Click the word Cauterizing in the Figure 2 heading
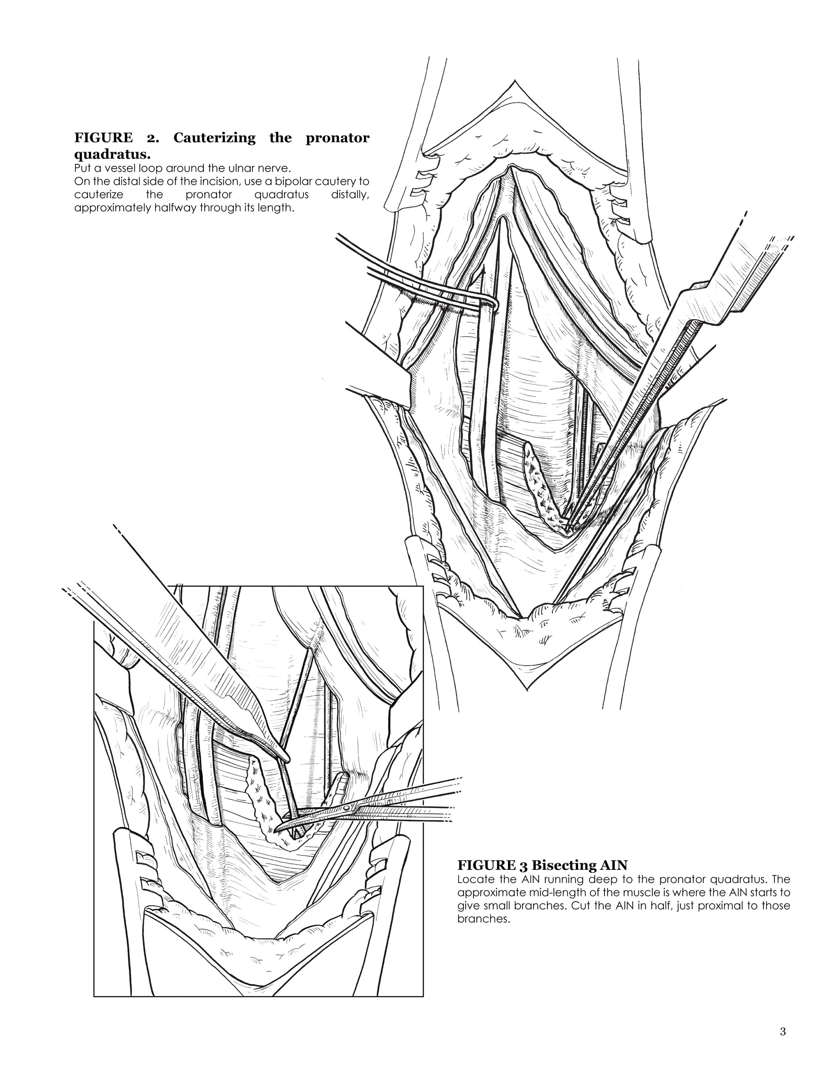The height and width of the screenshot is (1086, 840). click(214, 138)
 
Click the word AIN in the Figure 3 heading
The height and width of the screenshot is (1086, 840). click(614, 865)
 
